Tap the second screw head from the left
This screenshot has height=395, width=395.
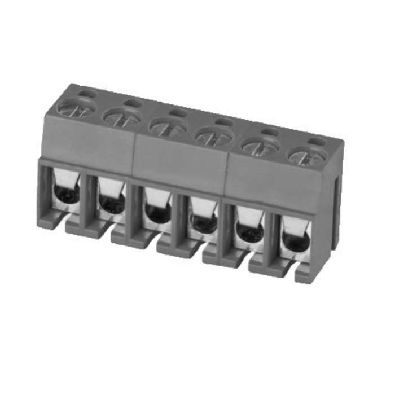[122, 117]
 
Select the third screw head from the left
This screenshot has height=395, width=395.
[168, 126]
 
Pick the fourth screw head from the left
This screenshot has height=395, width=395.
[214, 135]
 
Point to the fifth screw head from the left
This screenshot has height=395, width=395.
[260, 145]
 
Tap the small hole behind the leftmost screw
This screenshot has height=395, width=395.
[87, 93]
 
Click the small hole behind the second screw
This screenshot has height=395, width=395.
[133, 103]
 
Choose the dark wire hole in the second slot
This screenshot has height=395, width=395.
[112, 204]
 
